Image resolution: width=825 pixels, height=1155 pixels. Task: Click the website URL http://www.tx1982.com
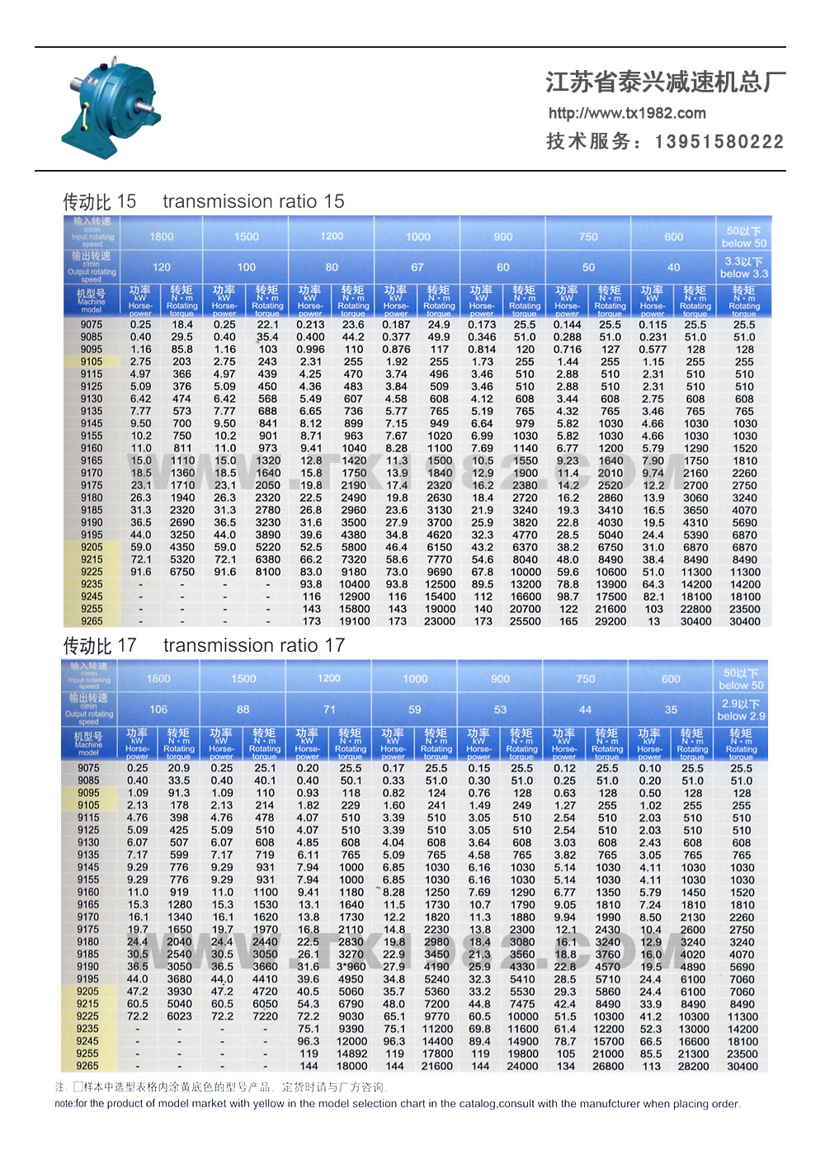627,113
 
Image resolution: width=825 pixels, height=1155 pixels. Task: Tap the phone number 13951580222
719,142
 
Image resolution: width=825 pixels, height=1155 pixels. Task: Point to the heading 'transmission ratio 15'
253,201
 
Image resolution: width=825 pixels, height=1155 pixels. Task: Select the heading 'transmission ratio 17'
253,645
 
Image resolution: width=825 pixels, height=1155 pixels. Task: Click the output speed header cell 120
162,267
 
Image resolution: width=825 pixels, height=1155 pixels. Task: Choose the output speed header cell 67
417,267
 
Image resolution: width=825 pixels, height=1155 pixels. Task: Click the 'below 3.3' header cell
743,267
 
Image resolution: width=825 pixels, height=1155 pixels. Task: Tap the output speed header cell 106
158,709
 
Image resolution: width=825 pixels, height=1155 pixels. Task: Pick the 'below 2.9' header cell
741,709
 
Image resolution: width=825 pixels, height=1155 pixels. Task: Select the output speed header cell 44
585,709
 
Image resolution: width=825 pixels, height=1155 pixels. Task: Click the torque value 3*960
351,966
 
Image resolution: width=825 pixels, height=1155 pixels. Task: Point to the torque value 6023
179,1016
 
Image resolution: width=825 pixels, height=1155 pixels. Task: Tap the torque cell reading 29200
610,621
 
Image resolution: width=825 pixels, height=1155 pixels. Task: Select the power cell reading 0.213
310,325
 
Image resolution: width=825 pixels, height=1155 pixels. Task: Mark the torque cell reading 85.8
182,350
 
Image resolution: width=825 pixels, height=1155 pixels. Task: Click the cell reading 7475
522,1004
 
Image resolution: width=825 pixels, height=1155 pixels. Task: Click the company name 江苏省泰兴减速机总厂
665,82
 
